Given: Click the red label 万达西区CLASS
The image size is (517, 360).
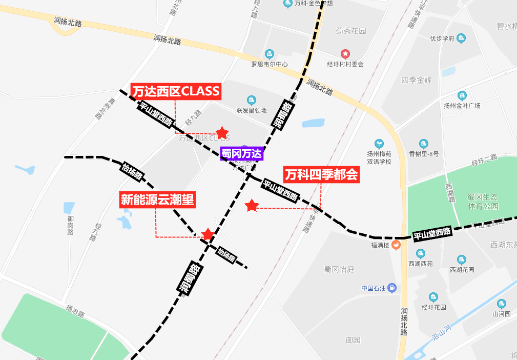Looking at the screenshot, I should point(176,92).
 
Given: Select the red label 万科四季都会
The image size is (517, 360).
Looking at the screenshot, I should point(321,175).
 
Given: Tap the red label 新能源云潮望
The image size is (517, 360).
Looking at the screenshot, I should point(158,199).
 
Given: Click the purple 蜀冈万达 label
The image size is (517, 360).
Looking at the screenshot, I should point(241,153).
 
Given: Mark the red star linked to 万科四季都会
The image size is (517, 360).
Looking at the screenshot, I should point(252,206).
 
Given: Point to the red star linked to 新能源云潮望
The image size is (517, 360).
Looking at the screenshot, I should point(208,234).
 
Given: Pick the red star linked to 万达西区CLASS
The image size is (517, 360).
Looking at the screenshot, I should point(222,133).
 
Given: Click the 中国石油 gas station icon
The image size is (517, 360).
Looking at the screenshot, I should point(392,288).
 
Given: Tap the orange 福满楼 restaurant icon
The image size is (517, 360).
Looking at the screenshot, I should point(396,245).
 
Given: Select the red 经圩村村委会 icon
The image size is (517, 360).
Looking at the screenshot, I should point(346,54).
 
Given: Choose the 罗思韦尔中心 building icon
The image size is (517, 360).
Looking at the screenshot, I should point(270,54).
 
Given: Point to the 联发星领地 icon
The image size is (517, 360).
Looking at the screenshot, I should point(251,100).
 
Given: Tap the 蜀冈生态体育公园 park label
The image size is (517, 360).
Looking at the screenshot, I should point(475,202).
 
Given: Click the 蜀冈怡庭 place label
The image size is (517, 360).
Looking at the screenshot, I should point(339,269).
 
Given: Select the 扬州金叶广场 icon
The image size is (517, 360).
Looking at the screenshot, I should point(462,95).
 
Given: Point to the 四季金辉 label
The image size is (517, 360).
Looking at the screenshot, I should point(417,80).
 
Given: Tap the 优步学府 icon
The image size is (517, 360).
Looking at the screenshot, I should point(461,38).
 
